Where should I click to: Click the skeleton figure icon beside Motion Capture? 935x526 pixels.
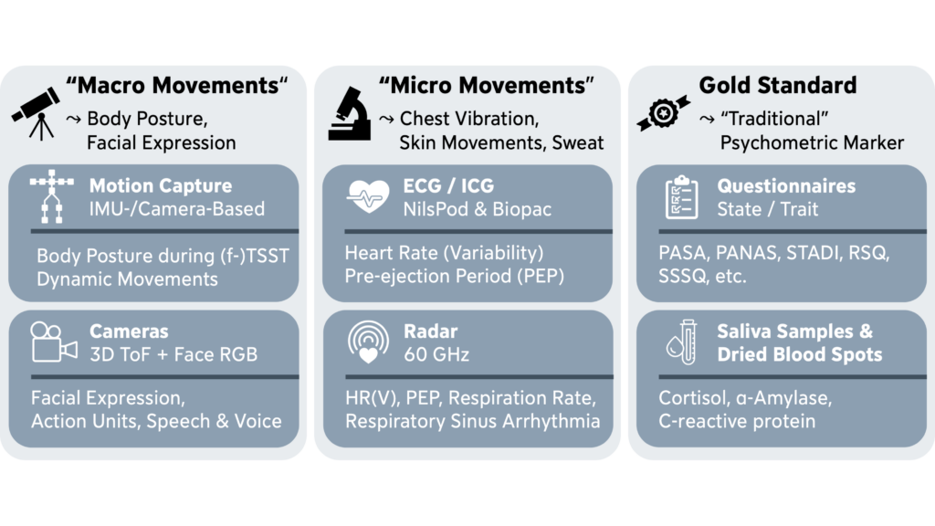[x=51, y=199]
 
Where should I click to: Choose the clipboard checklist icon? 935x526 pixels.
[x=680, y=197]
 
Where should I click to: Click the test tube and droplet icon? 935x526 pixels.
[x=680, y=343]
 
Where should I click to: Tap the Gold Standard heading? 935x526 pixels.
[x=778, y=86]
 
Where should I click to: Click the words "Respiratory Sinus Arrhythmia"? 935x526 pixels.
[x=472, y=421]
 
